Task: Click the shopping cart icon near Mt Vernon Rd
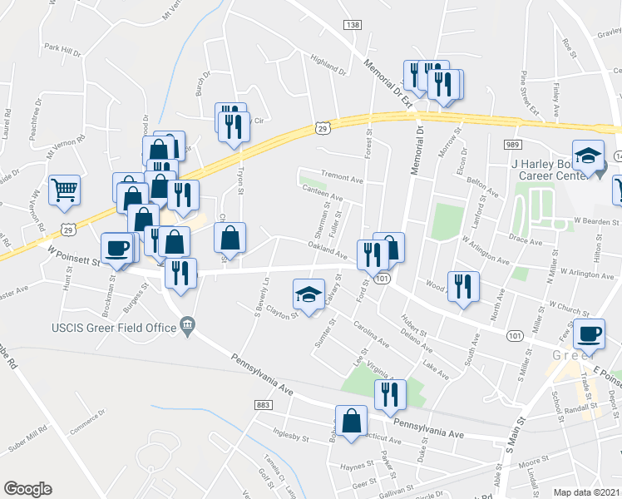pos(64,190)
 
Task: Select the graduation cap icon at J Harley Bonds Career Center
pos(588,156)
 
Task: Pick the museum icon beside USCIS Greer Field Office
pos(187,324)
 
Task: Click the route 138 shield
pos(352,26)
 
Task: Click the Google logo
pos(27,489)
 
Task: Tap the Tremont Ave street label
pos(343,179)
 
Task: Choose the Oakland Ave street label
pos(326,245)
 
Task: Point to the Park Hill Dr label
pos(62,49)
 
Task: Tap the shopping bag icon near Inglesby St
pos(351,420)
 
